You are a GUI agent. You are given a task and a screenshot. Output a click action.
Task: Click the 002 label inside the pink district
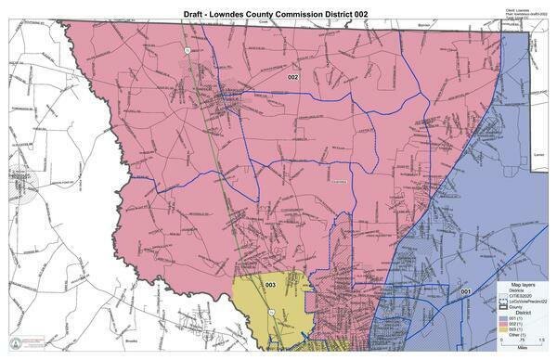(x=292, y=77)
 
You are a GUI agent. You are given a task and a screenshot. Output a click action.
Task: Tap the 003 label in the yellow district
(x=270, y=284)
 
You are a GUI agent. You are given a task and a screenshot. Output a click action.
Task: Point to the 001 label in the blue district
(x=466, y=293)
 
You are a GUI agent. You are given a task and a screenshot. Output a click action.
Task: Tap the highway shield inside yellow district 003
(x=270, y=315)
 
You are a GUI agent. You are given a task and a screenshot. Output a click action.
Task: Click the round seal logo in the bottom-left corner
(x=15, y=342)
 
